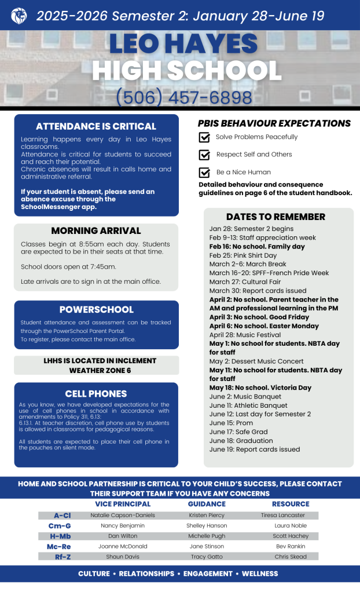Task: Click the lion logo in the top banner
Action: [x=19, y=16]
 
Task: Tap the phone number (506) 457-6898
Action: [x=184, y=97]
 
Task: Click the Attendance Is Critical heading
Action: [x=96, y=126]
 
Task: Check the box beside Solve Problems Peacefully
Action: [x=204, y=137]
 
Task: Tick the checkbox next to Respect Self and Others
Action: [x=204, y=155]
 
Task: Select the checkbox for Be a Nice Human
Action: [x=204, y=173]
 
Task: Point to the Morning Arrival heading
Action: [x=96, y=230]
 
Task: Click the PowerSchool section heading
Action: [x=96, y=309]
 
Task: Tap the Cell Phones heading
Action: [x=96, y=394]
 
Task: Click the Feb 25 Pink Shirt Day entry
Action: [x=243, y=255]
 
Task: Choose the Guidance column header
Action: [x=207, y=504]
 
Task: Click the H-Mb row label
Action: [x=62, y=536]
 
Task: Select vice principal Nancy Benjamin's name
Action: [x=123, y=525]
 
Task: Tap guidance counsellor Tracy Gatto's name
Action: [x=207, y=557]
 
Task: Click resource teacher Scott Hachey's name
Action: [x=291, y=536]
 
